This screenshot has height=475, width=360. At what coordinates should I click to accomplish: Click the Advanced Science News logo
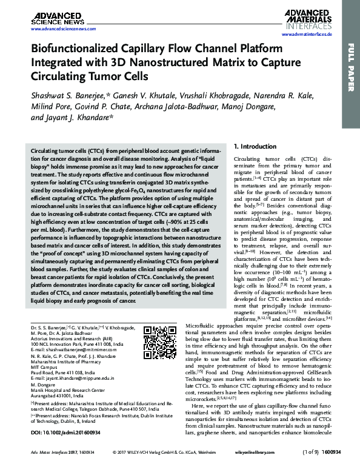pos(55,18)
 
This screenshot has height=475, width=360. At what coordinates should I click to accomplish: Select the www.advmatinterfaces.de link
pos(302,37)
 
